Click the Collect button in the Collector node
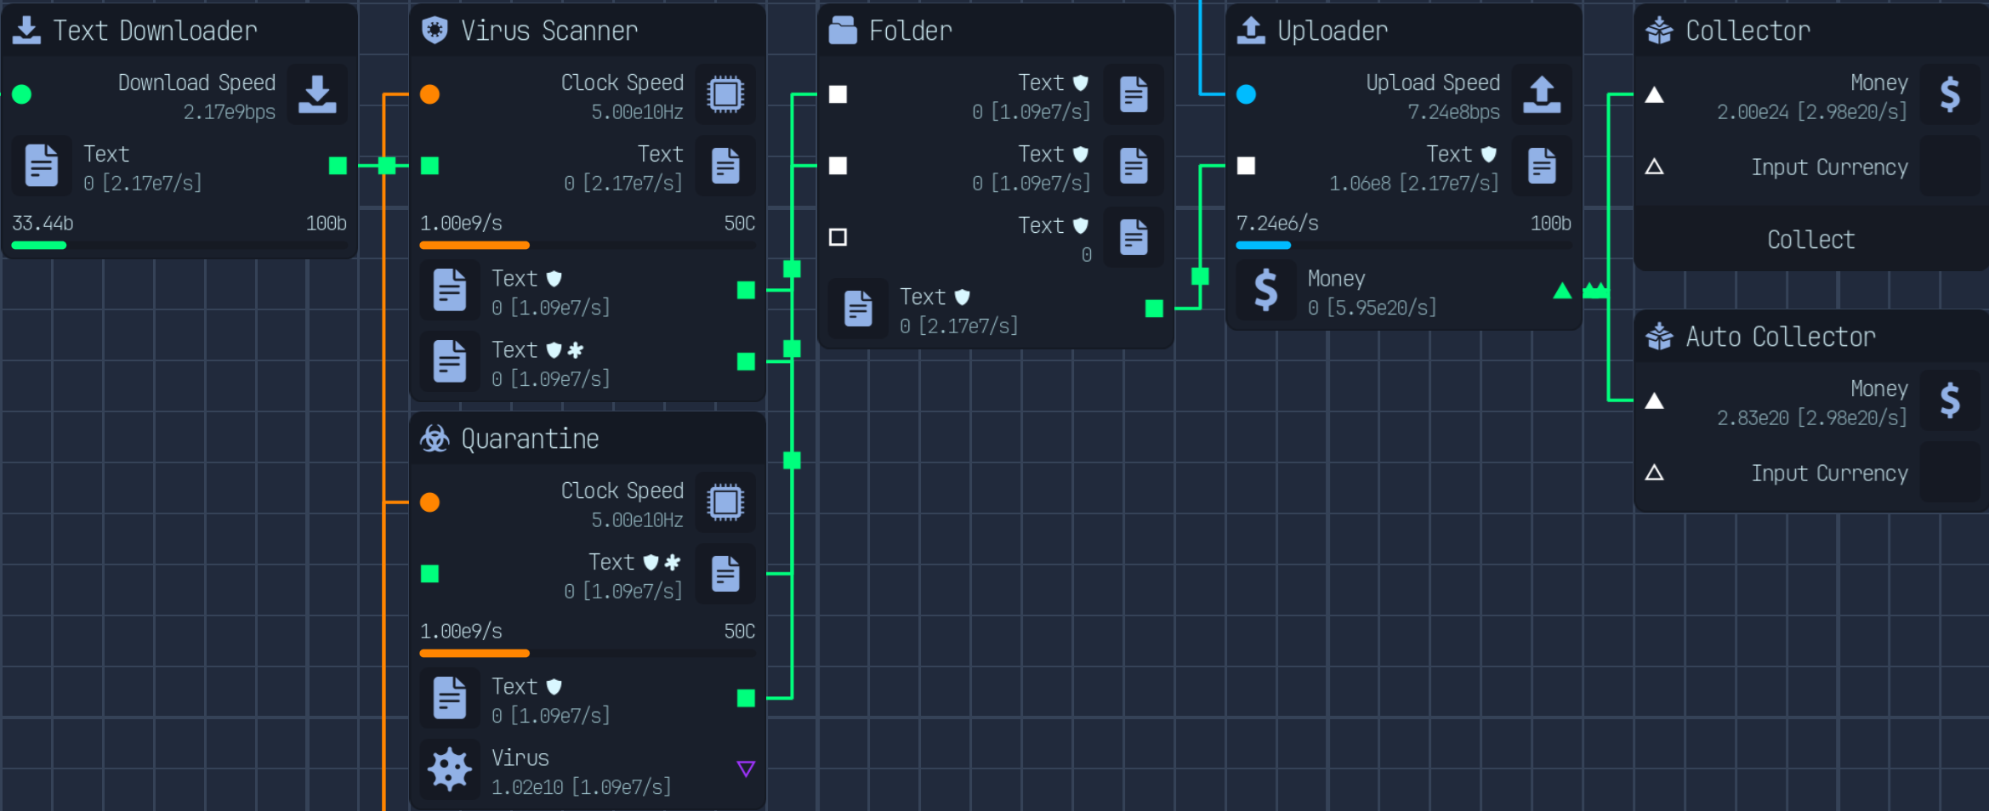point(1810,240)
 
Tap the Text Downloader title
point(155,31)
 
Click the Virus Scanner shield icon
point(435,31)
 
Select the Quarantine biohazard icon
point(435,439)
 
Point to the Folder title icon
point(843,31)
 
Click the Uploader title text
point(1333,31)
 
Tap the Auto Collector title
point(1781,337)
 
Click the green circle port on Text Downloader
point(22,94)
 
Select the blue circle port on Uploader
point(1247,94)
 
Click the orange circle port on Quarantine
point(430,502)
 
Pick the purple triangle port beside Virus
point(746,769)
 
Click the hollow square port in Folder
point(838,237)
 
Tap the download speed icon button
point(317,94)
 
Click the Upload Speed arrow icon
point(1542,94)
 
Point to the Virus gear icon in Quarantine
point(450,769)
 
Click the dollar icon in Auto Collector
point(1950,400)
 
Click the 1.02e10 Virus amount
point(527,787)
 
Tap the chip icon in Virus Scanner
point(725,94)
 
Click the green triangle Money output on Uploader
point(1562,291)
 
